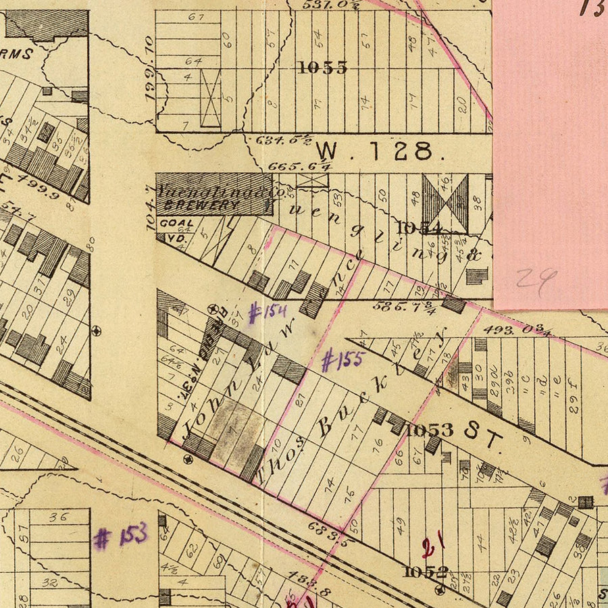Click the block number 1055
click(322, 67)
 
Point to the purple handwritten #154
click(268, 313)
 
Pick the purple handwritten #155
click(343, 361)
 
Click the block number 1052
click(425, 572)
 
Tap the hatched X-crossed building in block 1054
click(445, 201)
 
